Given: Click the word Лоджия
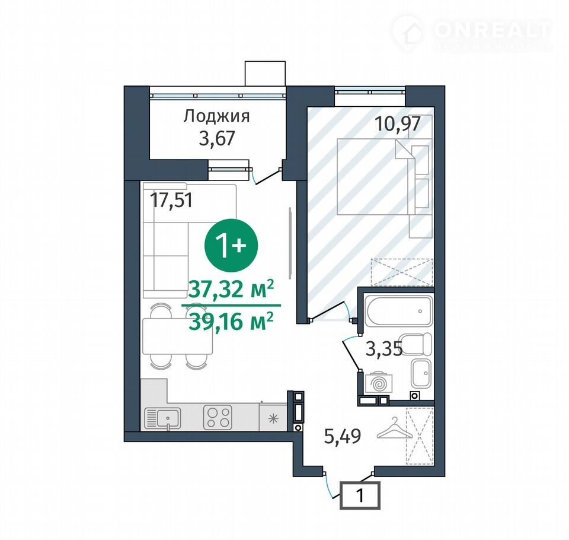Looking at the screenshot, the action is click(216, 117).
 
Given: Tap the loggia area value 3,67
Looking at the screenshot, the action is click(217, 138).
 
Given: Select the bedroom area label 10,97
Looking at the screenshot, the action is click(397, 124).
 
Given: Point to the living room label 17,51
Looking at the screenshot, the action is click(172, 200).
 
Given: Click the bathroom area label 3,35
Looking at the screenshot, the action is click(384, 350).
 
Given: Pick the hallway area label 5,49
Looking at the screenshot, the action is click(342, 436).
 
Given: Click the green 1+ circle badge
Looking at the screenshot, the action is click(231, 245).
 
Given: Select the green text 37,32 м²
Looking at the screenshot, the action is click(231, 290).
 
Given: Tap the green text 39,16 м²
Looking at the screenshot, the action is click(231, 322).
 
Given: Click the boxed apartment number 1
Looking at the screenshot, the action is click(360, 495).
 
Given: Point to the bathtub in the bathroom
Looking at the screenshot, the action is click(399, 312).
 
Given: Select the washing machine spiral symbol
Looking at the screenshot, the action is click(379, 383).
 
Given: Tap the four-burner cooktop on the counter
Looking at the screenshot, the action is click(218, 417).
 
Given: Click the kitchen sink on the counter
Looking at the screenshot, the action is click(162, 418).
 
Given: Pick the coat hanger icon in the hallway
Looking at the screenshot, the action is click(395, 429).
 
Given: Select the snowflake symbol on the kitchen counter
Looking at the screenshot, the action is click(272, 419).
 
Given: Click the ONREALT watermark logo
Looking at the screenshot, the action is click(471, 32).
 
